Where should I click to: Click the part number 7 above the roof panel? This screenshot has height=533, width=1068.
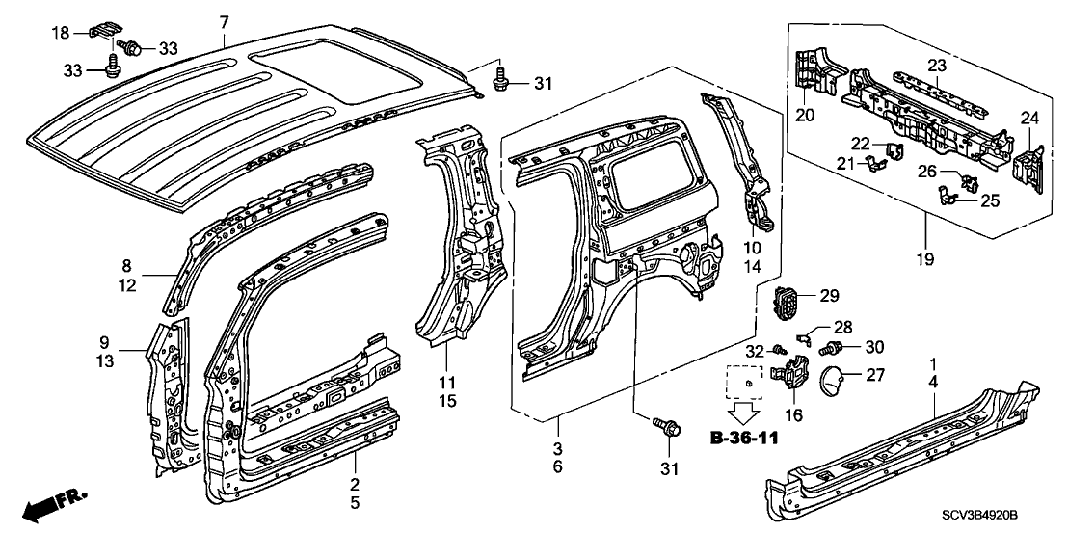(x=224, y=22)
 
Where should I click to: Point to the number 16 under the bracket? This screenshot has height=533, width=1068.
(x=793, y=415)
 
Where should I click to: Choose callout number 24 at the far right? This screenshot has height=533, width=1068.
(x=1030, y=119)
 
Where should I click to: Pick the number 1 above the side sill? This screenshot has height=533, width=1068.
(x=932, y=363)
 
